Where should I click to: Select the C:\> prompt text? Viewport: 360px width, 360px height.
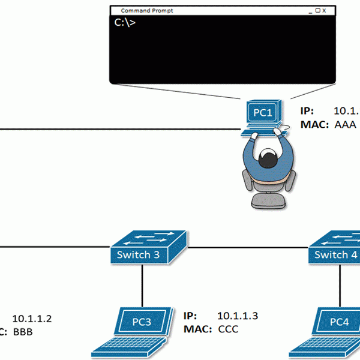click(125, 23)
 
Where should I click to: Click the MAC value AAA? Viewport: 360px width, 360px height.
click(345, 125)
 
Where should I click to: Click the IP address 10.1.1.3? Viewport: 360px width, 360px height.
click(236, 316)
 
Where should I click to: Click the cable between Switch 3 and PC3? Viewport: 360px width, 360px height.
click(142, 285)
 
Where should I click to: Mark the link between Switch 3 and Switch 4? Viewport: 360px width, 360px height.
click(249, 247)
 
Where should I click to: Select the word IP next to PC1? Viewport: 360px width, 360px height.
click(306, 112)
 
